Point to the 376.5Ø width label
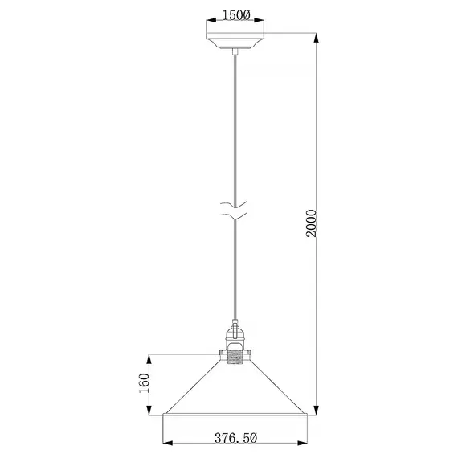click(x=236, y=439)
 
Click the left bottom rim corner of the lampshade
click(x=164, y=415)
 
